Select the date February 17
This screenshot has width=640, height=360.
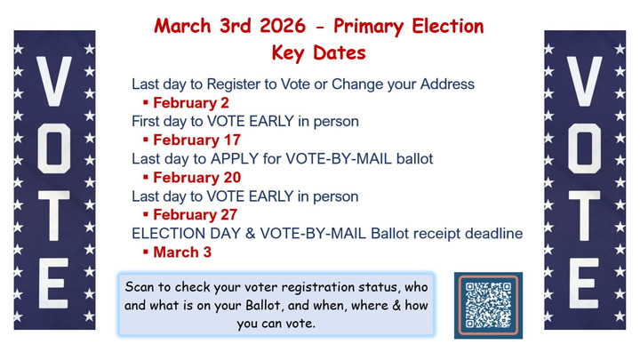pos(195,140)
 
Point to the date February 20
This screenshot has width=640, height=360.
pos(195,177)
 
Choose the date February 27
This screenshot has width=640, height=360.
pos(195,214)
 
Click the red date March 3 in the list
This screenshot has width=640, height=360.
pos(182,252)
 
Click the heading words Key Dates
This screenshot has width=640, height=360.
pos(319,52)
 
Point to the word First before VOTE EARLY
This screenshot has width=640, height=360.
pos(147,121)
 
